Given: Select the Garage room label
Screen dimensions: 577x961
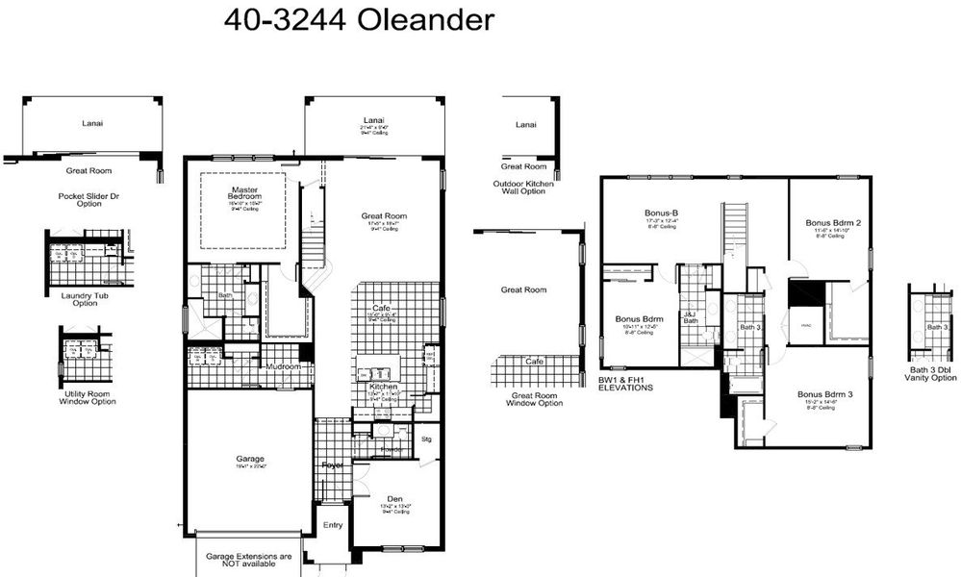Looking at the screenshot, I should click(249, 459).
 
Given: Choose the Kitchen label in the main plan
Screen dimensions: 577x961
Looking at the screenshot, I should click(383, 386).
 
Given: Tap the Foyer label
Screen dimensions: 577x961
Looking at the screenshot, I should click(333, 464).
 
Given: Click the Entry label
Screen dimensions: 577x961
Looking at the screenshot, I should click(333, 525).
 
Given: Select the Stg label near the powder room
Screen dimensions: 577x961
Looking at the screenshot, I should click(427, 439).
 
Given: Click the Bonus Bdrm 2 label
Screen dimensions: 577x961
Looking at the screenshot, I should click(832, 223).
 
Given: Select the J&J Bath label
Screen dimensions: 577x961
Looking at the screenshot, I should click(690, 318).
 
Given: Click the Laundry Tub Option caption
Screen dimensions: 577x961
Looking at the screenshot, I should click(79, 299).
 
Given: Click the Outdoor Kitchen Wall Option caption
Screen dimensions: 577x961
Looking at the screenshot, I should click(519, 188).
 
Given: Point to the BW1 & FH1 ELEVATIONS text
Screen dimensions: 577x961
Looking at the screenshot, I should click(625, 385).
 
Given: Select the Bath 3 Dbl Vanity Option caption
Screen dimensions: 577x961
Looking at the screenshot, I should click(930, 374).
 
